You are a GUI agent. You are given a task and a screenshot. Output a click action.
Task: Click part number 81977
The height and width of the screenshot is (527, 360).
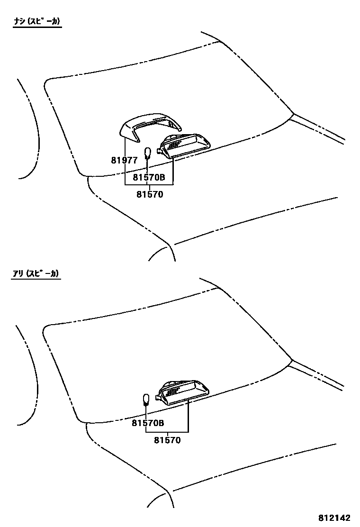124,160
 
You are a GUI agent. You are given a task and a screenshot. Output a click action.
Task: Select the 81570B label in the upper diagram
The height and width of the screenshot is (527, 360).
148,178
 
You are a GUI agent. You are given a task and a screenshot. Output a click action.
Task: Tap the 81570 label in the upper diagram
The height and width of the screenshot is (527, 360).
150,194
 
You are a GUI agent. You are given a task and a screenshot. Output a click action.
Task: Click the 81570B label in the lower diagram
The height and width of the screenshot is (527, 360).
148,423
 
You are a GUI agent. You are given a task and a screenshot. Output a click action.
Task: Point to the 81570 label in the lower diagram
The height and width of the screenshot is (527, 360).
167,440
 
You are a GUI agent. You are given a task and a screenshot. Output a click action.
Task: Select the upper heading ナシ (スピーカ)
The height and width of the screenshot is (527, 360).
37,21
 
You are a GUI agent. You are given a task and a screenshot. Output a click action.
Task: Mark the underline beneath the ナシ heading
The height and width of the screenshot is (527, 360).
37,27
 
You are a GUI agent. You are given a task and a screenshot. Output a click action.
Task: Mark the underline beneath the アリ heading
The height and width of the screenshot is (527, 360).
36,279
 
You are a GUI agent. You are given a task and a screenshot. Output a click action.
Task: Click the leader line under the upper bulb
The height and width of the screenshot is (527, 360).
147,165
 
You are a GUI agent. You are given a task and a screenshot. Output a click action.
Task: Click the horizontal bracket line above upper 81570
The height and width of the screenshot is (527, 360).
149,183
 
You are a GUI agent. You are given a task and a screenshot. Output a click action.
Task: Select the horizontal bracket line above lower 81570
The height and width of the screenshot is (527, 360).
167,432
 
